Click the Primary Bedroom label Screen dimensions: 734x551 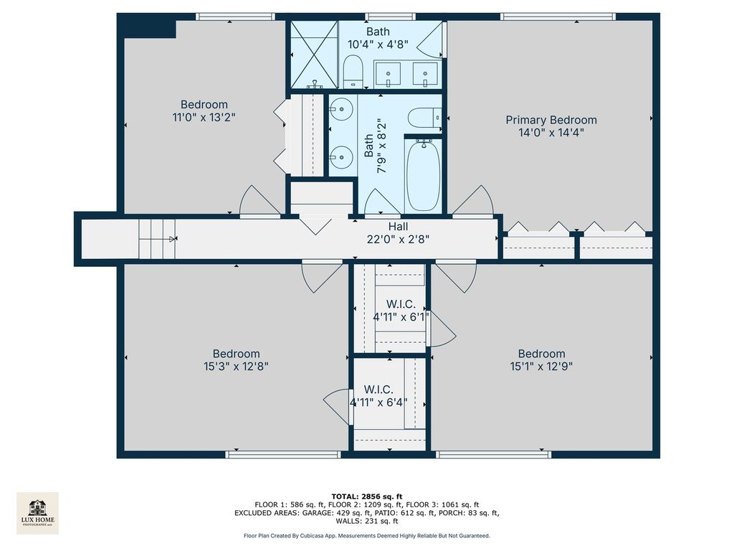(x=551, y=120)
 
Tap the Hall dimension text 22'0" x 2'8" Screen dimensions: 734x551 (x=398, y=240)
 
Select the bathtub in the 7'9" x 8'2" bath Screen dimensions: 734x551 (x=423, y=176)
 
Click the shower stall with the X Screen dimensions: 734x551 (x=314, y=55)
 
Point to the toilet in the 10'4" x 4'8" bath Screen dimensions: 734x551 (x=353, y=72)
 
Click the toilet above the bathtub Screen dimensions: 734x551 (x=424, y=118)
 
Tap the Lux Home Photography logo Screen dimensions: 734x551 (x=37, y=513)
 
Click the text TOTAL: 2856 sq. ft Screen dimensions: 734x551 (x=366, y=496)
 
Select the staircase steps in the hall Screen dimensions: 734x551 (x=157, y=239)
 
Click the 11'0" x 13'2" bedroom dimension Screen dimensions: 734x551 (x=204, y=117)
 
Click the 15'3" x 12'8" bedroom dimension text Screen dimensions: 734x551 (x=236, y=366)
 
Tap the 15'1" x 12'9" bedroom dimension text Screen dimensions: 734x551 (x=541, y=366)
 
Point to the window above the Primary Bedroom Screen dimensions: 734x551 (x=558, y=17)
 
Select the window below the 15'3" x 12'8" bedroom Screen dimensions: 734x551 (x=282, y=454)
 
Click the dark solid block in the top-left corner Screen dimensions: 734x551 (x=146, y=26)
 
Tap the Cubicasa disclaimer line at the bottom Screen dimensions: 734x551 (x=366, y=535)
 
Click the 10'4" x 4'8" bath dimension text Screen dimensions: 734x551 (x=378, y=44)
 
